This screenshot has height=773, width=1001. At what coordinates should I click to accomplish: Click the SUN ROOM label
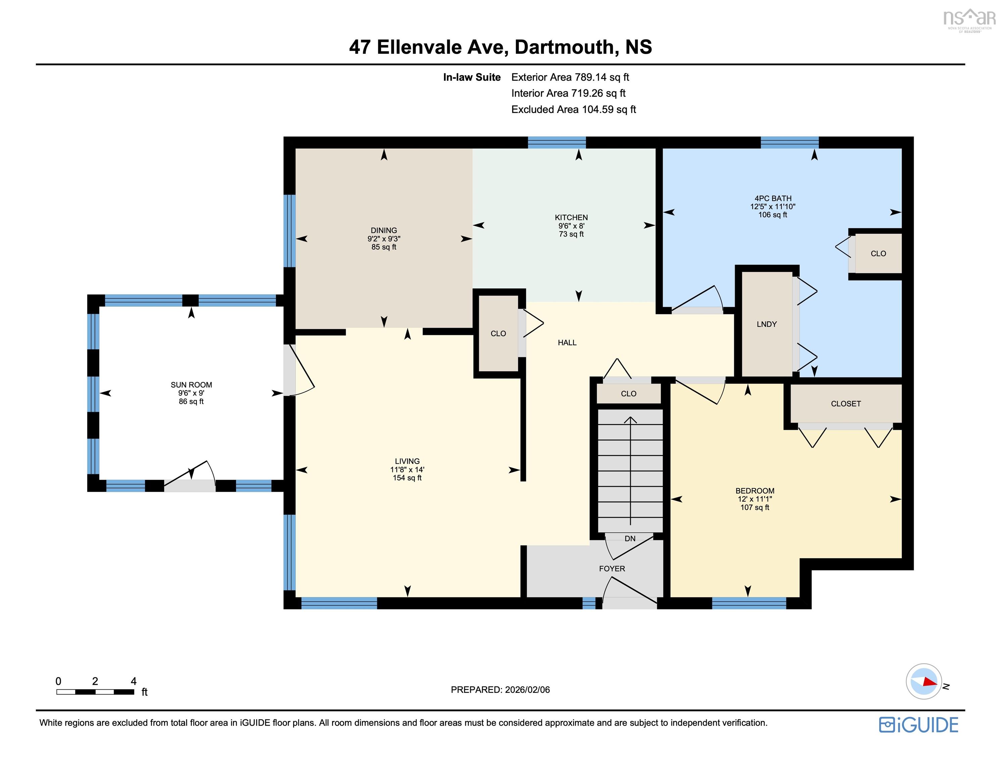tap(191, 385)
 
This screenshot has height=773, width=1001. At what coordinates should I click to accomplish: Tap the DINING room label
tap(384, 230)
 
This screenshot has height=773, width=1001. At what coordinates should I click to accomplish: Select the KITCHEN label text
tap(571, 218)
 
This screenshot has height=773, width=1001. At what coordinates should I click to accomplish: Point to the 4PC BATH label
tap(773, 198)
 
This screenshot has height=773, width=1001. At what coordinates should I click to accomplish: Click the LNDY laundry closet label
tap(766, 324)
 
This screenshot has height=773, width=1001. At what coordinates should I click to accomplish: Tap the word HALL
tap(567, 343)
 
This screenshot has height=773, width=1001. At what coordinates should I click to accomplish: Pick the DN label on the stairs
tap(630, 539)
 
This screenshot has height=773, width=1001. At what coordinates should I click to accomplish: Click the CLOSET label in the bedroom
tap(846, 404)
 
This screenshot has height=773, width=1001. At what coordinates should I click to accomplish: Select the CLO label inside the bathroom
tap(878, 254)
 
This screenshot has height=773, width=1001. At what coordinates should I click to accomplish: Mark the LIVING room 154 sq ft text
tap(407, 478)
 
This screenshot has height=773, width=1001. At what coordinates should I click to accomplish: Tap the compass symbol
tap(923, 681)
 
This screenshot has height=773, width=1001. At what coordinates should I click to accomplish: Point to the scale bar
tap(95, 692)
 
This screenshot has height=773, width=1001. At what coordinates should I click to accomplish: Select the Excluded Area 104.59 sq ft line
tap(573, 109)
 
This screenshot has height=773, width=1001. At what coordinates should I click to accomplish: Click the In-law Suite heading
tap(472, 78)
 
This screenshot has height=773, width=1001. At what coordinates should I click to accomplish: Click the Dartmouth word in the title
tap(564, 47)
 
